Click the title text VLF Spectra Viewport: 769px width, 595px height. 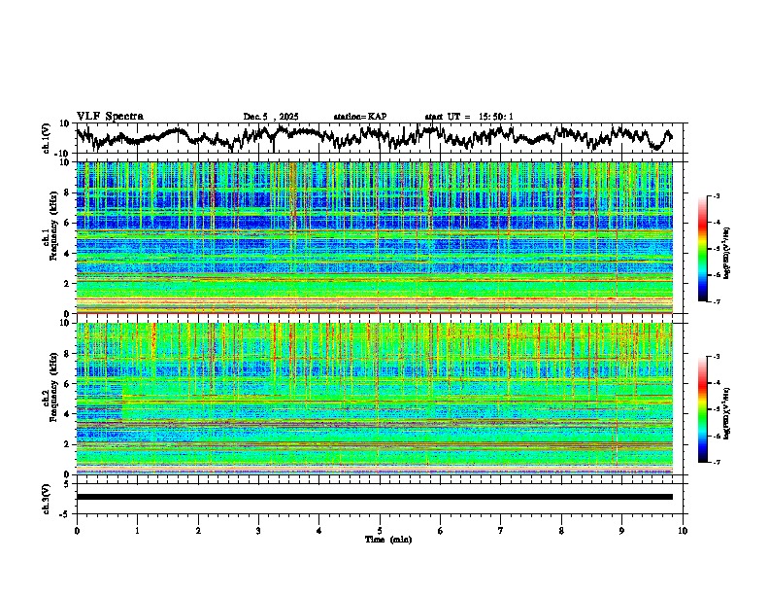click(x=110, y=116)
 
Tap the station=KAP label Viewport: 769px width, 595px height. click(x=359, y=117)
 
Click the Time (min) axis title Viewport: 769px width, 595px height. click(x=386, y=539)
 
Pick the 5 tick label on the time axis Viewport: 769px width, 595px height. click(x=380, y=530)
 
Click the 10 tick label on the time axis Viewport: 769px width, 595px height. click(x=683, y=530)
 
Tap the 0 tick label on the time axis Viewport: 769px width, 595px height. click(x=77, y=530)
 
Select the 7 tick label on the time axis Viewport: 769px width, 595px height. click(x=501, y=530)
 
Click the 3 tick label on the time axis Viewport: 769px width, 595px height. click(x=258, y=530)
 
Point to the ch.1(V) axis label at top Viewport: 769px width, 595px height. click(x=47, y=138)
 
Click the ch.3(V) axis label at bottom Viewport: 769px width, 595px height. click(x=47, y=497)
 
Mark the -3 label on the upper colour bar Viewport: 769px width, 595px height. click(x=716, y=196)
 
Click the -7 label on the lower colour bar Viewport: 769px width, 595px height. click(x=716, y=463)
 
